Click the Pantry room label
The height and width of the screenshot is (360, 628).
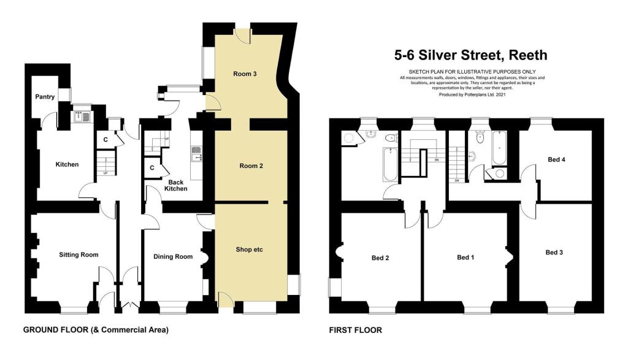(x=45, y=97)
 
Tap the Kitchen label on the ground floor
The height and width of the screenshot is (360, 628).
(x=67, y=164)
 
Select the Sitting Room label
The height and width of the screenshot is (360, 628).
(x=78, y=255)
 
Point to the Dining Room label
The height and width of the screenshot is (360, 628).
(x=172, y=257)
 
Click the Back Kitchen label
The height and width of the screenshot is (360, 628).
(x=176, y=185)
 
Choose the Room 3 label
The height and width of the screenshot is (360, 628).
(x=245, y=74)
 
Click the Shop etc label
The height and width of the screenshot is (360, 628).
(x=250, y=250)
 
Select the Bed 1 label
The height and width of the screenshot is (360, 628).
(x=465, y=258)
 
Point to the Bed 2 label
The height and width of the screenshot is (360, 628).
(x=380, y=258)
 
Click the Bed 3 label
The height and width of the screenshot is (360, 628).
(x=554, y=252)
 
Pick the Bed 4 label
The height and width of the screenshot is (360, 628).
(x=556, y=159)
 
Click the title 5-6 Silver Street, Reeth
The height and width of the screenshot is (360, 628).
(x=470, y=56)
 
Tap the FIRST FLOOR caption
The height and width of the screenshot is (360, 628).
(x=356, y=330)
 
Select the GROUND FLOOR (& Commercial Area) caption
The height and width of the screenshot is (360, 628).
(x=95, y=330)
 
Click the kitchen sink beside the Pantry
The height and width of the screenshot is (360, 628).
(x=82, y=116)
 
